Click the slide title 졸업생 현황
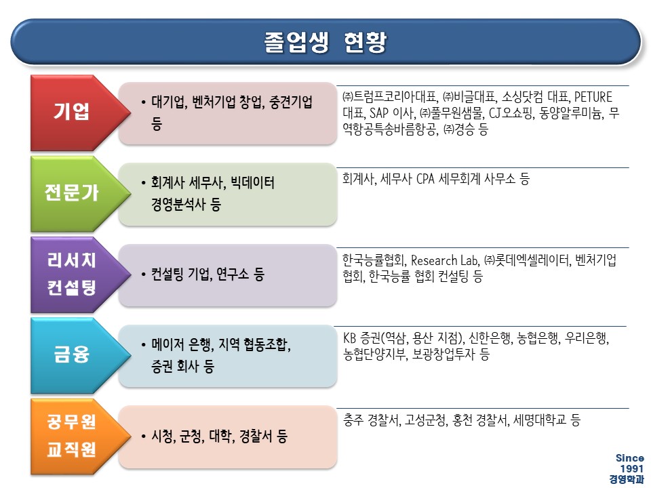coord(325,42)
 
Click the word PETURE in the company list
coord(593,97)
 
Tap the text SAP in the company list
coord(378,113)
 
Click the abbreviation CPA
coord(426,179)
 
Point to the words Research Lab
coord(444,260)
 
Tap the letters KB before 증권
coord(350,338)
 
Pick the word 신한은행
coord(490,339)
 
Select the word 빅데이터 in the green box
coord(252,182)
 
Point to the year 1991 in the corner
coord(632,468)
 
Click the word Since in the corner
coord(630,458)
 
